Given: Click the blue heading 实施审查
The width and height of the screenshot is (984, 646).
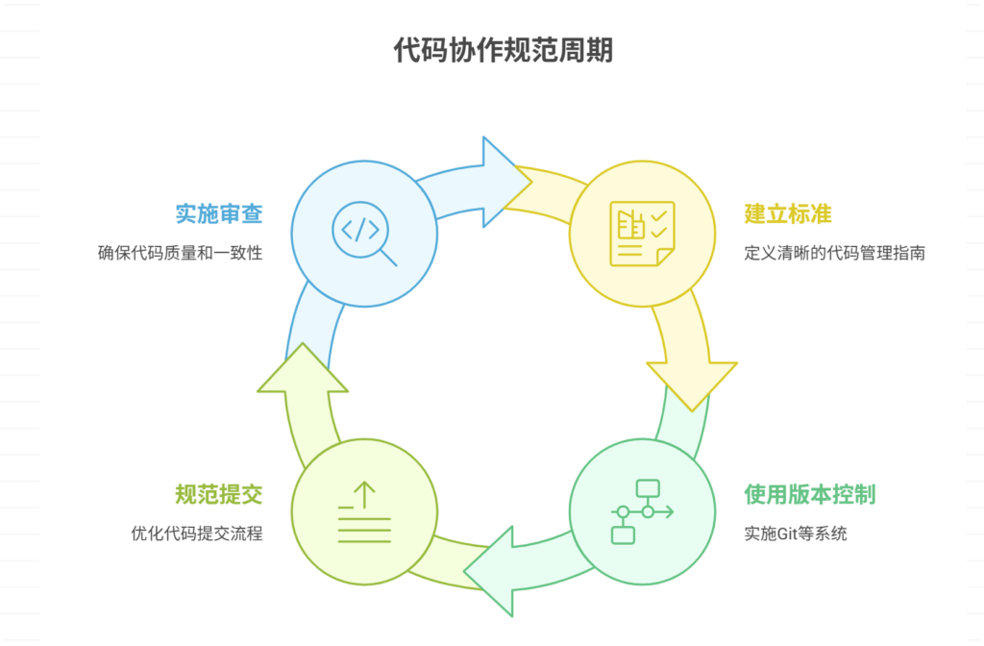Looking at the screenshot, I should [x=218, y=213].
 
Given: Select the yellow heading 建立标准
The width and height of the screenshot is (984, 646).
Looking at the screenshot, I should [x=788, y=213].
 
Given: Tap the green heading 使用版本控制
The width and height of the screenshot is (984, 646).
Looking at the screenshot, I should [x=809, y=495].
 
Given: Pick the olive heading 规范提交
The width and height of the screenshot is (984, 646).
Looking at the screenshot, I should [x=218, y=495].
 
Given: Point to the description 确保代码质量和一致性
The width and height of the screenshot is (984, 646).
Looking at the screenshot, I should [x=180, y=254].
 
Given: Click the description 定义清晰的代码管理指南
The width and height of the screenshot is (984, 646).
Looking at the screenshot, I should [x=834, y=254].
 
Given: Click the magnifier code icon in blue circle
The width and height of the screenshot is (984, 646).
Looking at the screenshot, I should [x=363, y=234].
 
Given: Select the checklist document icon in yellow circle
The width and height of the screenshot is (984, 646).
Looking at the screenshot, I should [x=642, y=234].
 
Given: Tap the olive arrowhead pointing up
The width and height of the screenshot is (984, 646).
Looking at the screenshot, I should [x=303, y=370].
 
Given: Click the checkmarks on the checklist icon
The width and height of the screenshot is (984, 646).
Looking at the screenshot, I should [x=659, y=224].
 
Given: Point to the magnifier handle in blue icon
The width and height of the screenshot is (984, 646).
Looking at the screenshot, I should [x=388, y=257].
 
